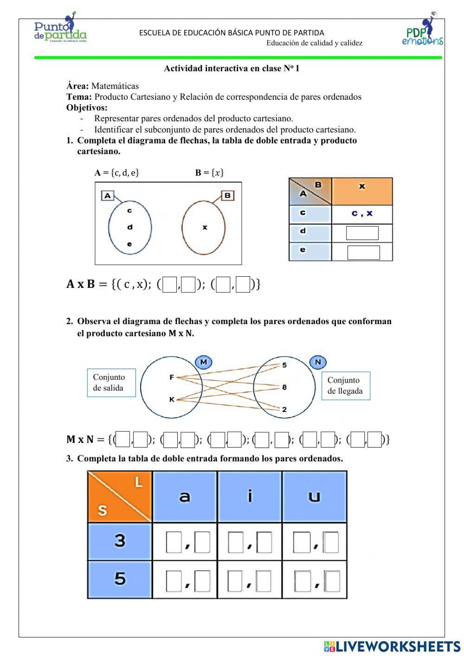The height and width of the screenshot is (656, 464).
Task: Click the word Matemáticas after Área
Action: (x=115, y=86)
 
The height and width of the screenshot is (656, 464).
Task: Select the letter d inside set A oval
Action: (x=130, y=227)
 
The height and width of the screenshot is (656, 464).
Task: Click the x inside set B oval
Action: (x=205, y=227)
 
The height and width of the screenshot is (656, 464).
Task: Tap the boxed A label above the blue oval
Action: (x=108, y=195)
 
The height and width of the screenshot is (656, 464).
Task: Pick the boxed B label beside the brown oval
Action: (x=227, y=195)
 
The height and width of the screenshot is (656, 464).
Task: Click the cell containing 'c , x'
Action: (x=362, y=214)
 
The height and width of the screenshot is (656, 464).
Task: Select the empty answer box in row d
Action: (x=362, y=233)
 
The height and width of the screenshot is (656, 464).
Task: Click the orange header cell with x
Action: (x=362, y=191)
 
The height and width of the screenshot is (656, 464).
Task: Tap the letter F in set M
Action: (x=171, y=377)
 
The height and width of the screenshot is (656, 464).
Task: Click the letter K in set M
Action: (x=171, y=399)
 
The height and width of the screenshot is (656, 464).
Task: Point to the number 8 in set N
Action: (x=284, y=387)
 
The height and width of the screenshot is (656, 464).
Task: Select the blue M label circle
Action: (x=203, y=362)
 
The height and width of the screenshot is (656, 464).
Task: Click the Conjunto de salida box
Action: (x=111, y=383)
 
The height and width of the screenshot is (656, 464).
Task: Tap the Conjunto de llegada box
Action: (x=346, y=385)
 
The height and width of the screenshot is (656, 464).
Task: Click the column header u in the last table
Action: (x=315, y=496)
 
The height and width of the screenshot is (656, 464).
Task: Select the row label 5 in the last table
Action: (x=120, y=579)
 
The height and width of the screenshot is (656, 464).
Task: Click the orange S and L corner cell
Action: (x=120, y=496)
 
